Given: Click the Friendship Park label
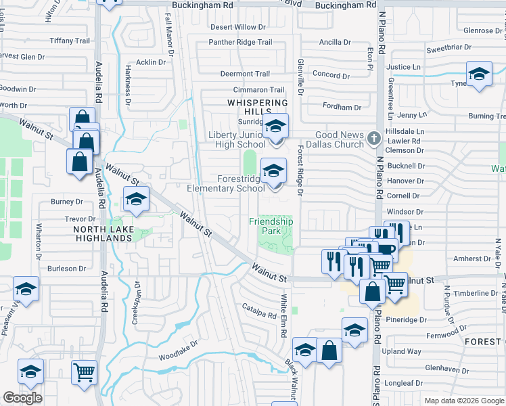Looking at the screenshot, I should coord(271,226).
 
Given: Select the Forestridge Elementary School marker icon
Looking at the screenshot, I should coord(274,171).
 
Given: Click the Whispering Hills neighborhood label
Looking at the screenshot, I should coord(257,103).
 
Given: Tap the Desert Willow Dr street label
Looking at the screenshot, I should coord(233,27).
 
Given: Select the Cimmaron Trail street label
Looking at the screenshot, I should coord(258,89).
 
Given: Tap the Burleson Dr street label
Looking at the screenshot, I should coord(67,269).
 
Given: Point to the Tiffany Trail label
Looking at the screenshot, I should coord(70,41).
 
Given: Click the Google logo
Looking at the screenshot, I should coord(22,398).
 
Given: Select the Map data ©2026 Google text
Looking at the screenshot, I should coord(463,401).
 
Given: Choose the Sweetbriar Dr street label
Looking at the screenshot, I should coord(448,49).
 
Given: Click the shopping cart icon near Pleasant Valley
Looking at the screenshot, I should coord(84,371).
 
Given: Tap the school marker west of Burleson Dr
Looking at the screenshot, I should coord(26,290).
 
